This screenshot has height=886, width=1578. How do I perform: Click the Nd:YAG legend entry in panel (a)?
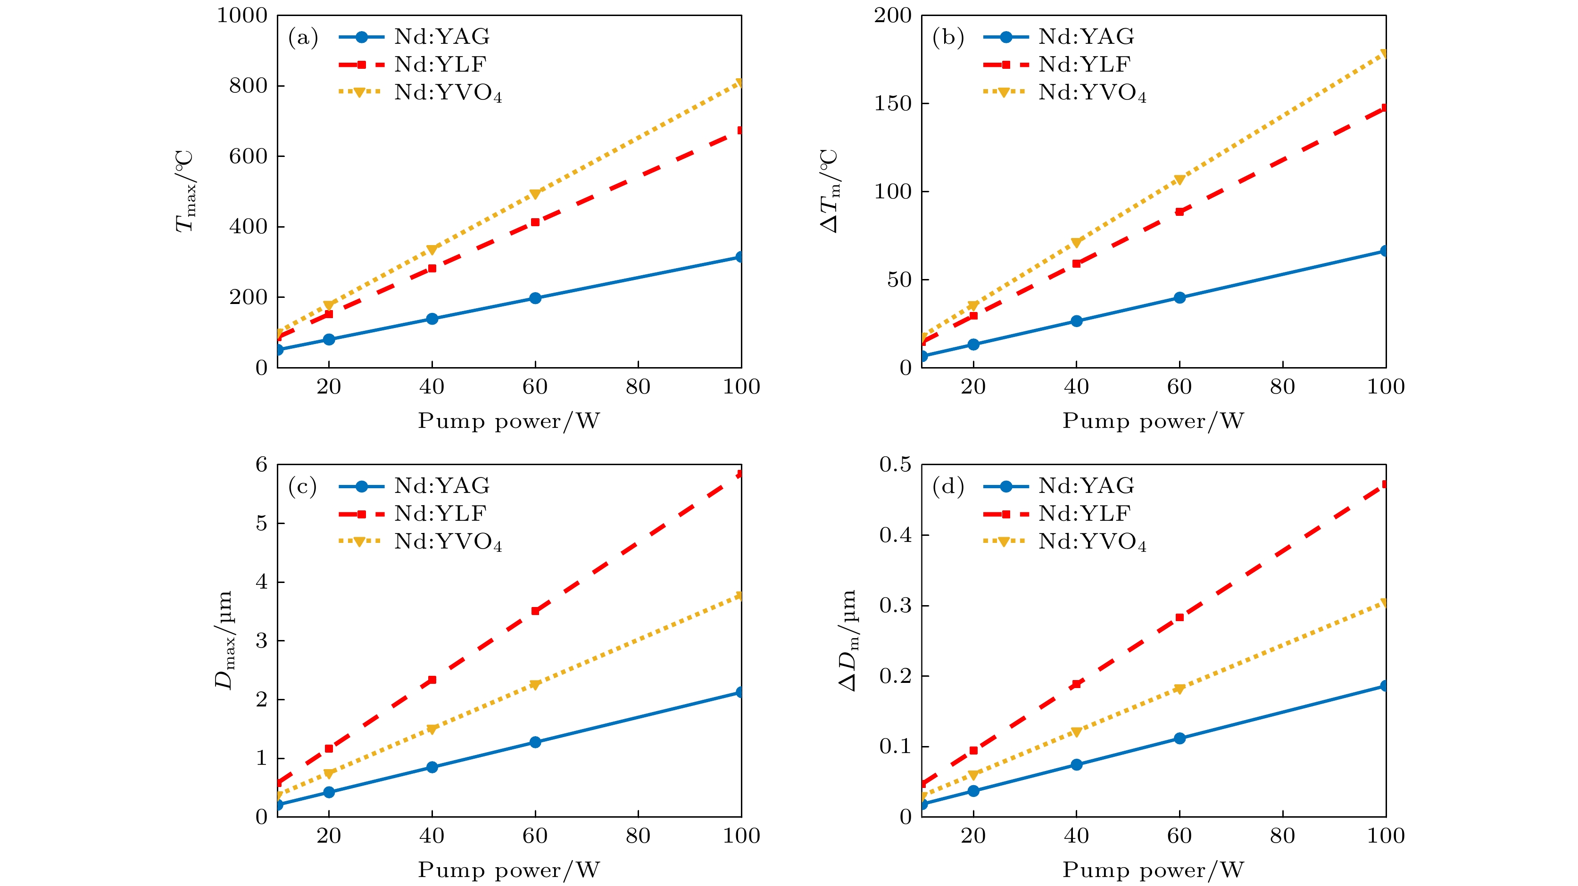point(441,37)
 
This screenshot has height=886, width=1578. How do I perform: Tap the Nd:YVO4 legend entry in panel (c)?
point(447,542)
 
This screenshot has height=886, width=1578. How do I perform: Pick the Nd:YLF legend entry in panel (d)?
point(1084,514)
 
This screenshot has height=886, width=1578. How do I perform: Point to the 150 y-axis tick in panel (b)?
point(893,104)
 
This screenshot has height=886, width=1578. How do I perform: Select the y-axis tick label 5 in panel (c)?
point(262,524)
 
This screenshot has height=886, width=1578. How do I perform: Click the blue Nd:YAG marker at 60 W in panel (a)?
point(535,298)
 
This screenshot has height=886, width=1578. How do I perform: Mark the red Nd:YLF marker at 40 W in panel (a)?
point(432,268)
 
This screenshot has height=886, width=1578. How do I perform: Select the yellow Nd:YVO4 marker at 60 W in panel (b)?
point(1179,180)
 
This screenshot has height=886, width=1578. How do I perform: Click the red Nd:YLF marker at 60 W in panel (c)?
point(535,610)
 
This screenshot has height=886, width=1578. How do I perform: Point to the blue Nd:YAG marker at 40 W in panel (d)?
point(1076,765)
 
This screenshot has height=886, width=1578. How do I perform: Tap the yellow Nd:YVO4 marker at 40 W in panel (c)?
point(432,729)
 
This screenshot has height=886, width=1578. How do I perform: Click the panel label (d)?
point(947,486)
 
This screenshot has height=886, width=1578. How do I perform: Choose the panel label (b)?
point(947,38)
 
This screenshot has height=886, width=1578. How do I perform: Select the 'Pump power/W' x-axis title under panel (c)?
point(509,870)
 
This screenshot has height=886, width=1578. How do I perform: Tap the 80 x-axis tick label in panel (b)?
point(1282,387)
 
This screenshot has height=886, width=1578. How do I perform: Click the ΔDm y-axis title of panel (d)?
point(848,640)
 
